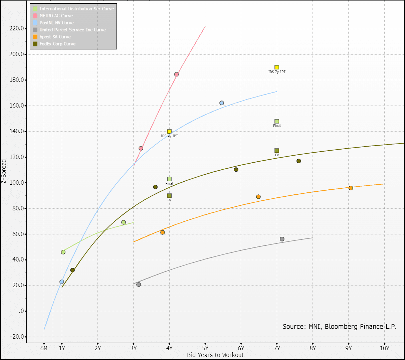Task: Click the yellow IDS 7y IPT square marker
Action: tap(277, 67)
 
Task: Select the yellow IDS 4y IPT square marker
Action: tap(169, 132)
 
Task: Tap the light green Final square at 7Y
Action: tap(277, 121)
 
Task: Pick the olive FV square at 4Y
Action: tap(169, 196)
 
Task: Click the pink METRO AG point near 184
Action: tap(176, 74)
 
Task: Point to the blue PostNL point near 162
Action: tap(222, 103)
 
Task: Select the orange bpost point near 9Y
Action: tap(351, 188)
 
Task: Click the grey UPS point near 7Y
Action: tap(282, 239)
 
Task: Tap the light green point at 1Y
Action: tap(63, 252)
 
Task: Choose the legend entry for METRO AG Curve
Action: tap(56, 16)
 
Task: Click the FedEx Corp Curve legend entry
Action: tap(57, 44)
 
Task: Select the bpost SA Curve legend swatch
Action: tap(35, 37)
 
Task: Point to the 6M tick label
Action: tap(44, 348)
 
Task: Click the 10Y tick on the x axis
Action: tap(384, 348)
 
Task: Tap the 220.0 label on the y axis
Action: tap(17, 29)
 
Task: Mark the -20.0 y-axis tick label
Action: tap(16, 337)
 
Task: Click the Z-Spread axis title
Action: tap(4, 172)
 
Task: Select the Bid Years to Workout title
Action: tap(215, 355)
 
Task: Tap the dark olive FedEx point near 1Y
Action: tap(72, 270)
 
